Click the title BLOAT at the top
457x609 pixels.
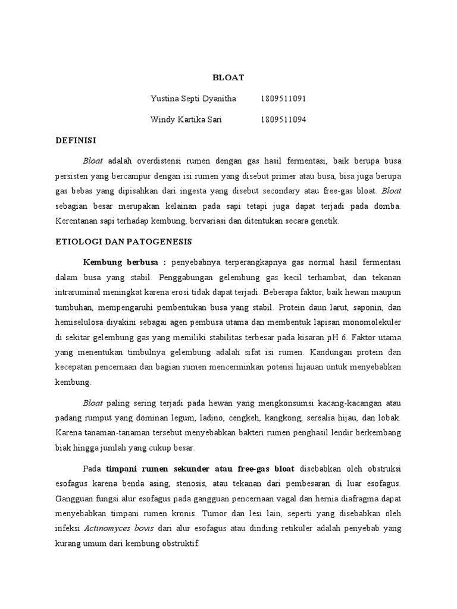point(228,77)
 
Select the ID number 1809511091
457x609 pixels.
point(283,98)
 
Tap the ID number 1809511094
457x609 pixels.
point(283,120)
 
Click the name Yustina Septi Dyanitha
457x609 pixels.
point(194,98)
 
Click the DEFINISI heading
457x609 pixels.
point(76,140)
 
